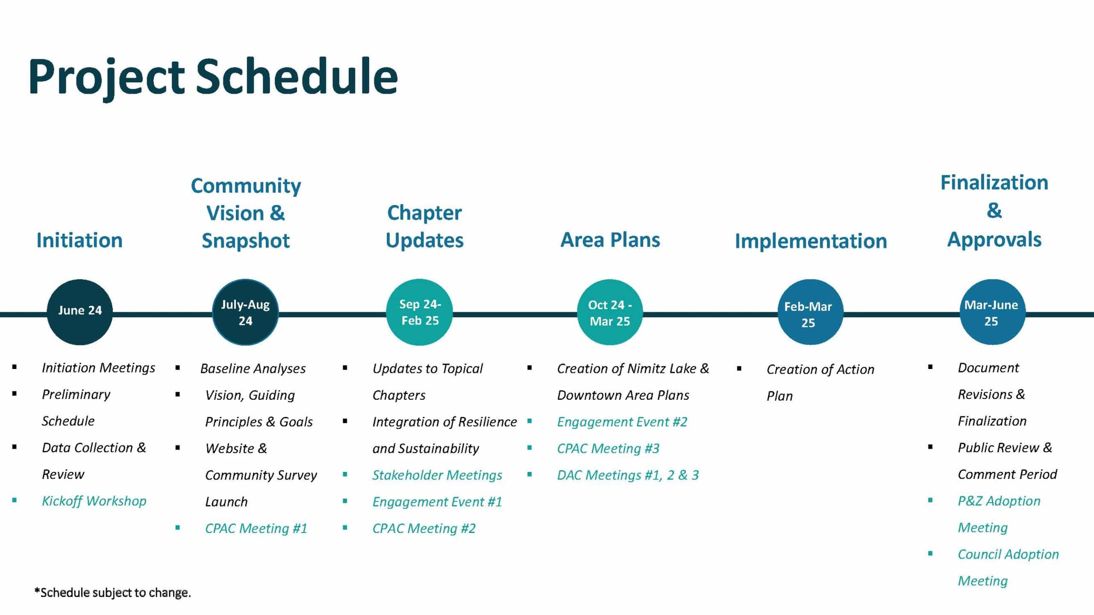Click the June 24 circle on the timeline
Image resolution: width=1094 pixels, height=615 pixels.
click(x=79, y=312)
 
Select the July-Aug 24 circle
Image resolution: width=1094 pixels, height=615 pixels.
click(x=245, y=312)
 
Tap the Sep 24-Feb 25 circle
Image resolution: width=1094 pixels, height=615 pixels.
click(x=419, y=312)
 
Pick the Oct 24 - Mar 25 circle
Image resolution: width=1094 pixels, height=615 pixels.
click(x=610, y=312)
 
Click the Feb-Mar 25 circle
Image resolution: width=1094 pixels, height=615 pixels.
click(x=810, y=312)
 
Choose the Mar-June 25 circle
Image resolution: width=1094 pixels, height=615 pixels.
click(x=992, y=312)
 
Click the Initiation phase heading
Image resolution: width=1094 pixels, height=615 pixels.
click(x=79, y=240)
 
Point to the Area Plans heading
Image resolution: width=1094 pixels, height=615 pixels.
click(x=610, y=240)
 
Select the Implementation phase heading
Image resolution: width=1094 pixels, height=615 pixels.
click(x=811, y=241)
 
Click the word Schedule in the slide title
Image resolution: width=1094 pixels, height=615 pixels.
click(x=297, y=76)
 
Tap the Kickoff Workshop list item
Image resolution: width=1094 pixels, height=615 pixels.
click(x=94, y=501)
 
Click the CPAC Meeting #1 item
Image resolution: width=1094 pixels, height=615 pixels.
click(x=256, y=528)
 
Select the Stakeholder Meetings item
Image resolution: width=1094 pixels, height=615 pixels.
click(x=437, y=475)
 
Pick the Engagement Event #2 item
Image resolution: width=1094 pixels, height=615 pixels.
click(x=622, y=422)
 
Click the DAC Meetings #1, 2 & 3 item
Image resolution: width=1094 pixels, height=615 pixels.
click(x=628, y=475)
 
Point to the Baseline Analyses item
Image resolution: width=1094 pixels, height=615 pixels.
click(x=253, y=369)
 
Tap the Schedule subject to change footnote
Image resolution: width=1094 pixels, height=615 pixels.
click(x=113, y=592)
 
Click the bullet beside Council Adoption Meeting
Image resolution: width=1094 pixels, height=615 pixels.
click(x=930, y=553)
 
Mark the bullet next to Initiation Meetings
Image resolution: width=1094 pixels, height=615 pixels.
click(x=15, y=367)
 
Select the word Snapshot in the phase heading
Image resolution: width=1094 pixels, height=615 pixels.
click(x=246, y=240)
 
